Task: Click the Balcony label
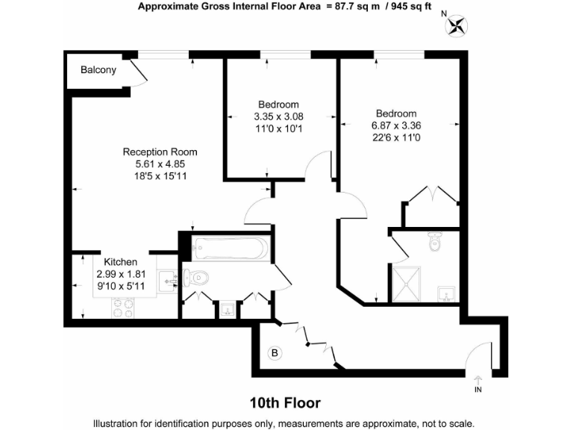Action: point(98,70)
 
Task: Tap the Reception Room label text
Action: point(160,152)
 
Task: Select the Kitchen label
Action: point(120,262)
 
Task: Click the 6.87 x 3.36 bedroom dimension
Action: point(395,125)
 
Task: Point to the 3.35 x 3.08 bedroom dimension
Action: point(278,116)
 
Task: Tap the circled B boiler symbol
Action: point(274,352)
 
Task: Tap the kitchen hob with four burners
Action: point(123,305)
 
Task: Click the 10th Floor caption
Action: point(286,403)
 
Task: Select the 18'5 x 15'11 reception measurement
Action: point(160,176)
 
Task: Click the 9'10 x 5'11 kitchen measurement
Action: point(120,285)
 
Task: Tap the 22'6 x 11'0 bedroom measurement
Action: point(395,137)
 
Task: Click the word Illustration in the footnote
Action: point(119,423)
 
